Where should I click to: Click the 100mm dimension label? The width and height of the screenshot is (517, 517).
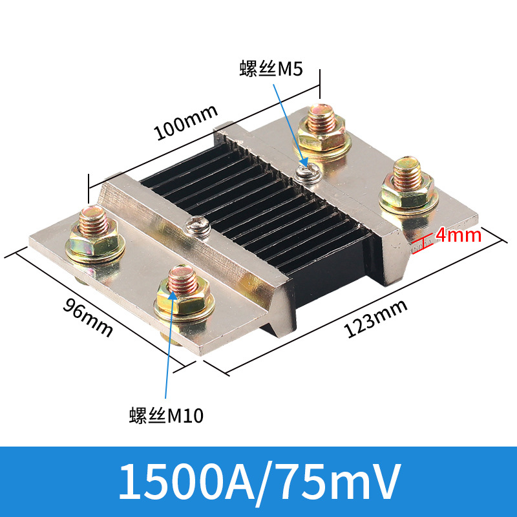185,122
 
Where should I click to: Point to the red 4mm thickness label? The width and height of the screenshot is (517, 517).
458,235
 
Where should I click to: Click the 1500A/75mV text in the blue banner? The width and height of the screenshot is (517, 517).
258,481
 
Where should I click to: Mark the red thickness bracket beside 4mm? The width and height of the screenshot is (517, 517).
425,241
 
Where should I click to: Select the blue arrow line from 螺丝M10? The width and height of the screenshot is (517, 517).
169,349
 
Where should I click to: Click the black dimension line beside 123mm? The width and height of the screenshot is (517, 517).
362,304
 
